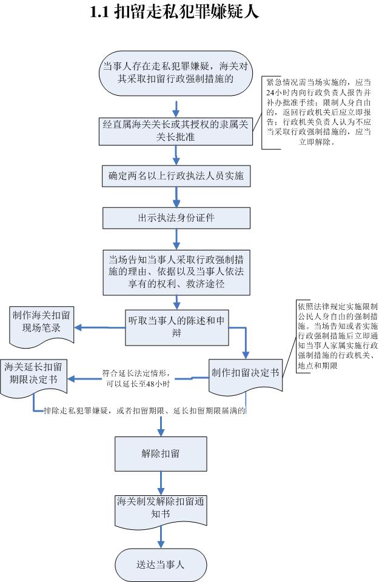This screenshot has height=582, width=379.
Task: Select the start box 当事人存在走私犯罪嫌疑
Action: coord(176,73)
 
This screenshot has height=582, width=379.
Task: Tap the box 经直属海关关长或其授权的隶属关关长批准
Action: coord(176,131)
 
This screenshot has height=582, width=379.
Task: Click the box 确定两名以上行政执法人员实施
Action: coord(176,176)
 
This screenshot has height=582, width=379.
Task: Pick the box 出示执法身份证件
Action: coord(176,218)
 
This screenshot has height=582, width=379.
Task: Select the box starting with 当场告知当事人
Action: coord(176,272)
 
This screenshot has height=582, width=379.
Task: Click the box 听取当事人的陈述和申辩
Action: coord(176,327)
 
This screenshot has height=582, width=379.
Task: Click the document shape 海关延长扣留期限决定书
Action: coord(34,378)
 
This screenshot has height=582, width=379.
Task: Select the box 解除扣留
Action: coord(161,453)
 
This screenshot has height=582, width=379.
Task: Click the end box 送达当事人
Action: coord(161,565)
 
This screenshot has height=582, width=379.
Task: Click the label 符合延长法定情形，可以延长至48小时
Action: coord(136,378)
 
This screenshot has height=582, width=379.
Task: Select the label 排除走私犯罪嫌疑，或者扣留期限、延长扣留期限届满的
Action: coord(145,410)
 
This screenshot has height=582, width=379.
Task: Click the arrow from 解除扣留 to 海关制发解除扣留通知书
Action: coord(161,483)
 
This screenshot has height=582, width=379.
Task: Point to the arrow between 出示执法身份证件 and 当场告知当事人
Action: coord(176,239)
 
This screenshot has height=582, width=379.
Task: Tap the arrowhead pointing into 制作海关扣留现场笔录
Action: coord(78,327)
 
